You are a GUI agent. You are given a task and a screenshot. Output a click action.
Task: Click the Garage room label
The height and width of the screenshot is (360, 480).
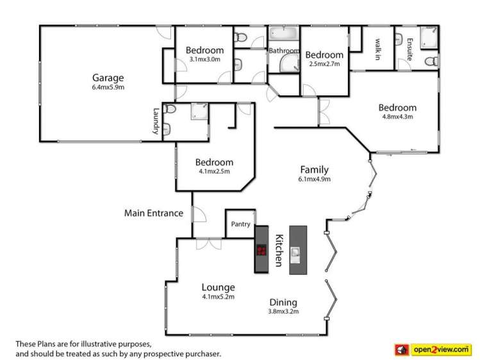pos(108,78)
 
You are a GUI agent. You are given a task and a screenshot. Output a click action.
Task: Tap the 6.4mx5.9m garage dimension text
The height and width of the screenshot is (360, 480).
pos(108,87)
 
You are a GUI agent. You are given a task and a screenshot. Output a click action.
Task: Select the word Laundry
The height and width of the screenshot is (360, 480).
pos(156,120)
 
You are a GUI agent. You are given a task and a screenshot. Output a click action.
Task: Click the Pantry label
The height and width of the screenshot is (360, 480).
pos(240,224)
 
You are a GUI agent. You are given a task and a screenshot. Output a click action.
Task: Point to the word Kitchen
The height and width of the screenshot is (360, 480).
pos(279,249)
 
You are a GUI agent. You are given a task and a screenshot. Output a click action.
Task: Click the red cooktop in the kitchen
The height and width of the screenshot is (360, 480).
pos(261,250)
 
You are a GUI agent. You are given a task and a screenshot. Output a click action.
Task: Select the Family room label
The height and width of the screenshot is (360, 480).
pos(314,170)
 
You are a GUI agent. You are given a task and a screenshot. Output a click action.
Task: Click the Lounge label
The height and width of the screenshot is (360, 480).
pos(219,288)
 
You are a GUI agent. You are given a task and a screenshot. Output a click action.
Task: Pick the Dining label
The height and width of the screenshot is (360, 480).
pos(283,302)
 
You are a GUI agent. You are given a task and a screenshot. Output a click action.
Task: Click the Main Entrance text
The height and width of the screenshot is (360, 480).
pos(153,213)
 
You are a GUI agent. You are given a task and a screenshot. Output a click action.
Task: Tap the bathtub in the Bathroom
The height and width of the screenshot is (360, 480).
pos(283,34)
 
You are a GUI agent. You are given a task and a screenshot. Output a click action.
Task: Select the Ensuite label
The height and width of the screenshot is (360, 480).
pos(410,49)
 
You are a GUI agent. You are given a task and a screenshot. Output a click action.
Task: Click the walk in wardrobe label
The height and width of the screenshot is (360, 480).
pos(378,48)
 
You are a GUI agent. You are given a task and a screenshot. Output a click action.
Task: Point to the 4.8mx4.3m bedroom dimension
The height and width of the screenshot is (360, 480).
pos(397,117)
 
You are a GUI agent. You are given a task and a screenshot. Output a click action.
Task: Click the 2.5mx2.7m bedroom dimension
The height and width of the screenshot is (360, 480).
pos(325,63)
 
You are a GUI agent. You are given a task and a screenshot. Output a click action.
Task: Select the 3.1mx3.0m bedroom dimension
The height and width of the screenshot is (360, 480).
pos(205,60)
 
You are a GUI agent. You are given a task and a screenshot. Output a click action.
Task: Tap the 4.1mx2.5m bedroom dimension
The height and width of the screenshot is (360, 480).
pos(214,171)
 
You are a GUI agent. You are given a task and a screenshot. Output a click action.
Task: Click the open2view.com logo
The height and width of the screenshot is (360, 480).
pos(436,349)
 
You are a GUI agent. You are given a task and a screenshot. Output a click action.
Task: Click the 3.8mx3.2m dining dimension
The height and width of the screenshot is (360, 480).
pos(283,311)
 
